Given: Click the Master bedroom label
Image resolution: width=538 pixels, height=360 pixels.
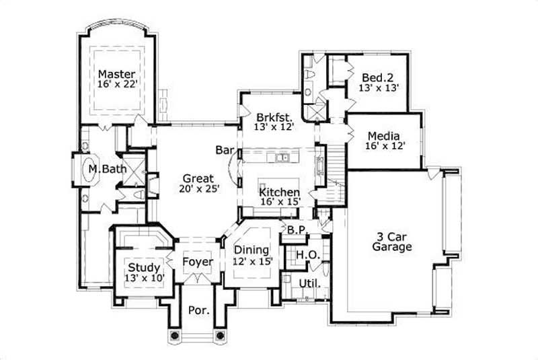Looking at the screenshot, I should tap(117, 73).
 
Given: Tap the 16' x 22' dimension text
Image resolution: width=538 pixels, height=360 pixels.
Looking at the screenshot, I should tap(117, 85).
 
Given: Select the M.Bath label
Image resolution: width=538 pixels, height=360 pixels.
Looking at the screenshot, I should tap(108, 170).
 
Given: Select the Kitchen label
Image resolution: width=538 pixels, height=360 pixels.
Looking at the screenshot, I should tap(280, 192).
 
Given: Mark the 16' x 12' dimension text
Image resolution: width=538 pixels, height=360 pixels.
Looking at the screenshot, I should tap(385, 145).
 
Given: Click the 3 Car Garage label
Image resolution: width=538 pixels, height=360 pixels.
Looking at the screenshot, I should tap(392, 242).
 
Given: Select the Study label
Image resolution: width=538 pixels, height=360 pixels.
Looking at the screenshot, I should tap(145, 267).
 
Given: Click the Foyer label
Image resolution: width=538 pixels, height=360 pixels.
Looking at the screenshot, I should tap(198, 261).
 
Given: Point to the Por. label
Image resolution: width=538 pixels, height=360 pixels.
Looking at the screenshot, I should tap(198, 311).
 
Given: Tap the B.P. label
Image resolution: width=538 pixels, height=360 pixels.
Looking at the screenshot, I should tap(297, 231).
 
